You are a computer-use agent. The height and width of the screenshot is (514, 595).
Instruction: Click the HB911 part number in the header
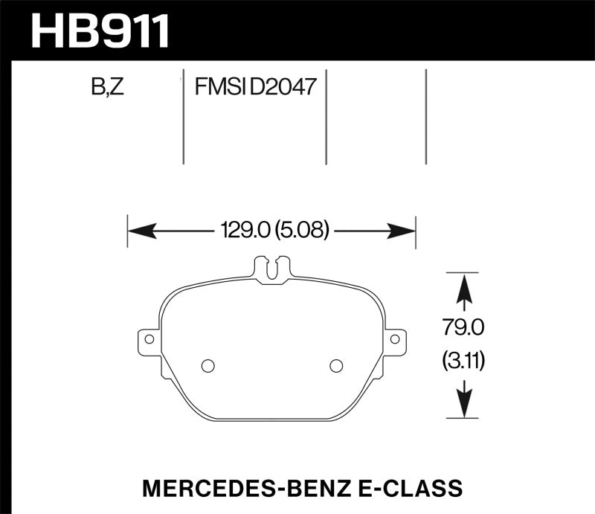[x=100, y=31]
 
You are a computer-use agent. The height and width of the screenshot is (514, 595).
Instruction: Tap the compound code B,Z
[x=107, y=89]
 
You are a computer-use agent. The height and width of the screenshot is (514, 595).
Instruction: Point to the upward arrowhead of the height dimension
[x=464, y=286]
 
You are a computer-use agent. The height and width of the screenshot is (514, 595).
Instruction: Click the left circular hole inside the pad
[x=208, y=365]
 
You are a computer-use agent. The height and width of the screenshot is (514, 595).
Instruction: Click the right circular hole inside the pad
[x=335, y=365]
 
